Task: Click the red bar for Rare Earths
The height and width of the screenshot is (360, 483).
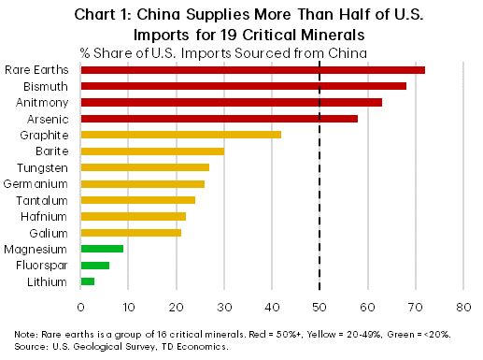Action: [252, 70]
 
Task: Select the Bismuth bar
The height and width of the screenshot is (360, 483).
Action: [243, 86]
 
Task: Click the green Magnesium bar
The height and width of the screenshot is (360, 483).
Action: [103, 249]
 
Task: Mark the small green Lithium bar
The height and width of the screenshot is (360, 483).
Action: [88, 281]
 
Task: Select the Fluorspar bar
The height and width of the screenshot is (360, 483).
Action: [95, 265]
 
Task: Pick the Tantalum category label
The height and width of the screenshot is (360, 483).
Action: [42, 200]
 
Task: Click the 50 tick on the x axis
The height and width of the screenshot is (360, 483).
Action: [320, 306]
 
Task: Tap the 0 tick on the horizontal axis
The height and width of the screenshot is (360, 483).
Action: [81, 306]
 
